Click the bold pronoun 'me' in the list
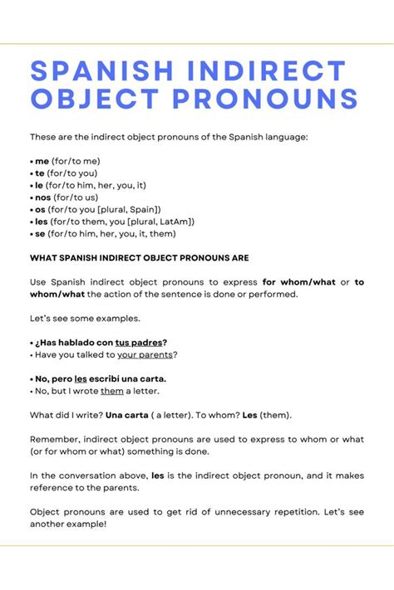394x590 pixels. [42, 162]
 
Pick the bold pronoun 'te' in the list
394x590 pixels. [40, 173]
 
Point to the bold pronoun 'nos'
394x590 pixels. [43, 197]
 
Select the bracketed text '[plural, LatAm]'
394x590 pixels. [156, 222]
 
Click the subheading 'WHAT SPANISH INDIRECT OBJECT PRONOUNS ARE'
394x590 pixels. [139, 258]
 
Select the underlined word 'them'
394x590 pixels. [112, 391]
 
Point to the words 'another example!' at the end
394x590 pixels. [68, 524]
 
